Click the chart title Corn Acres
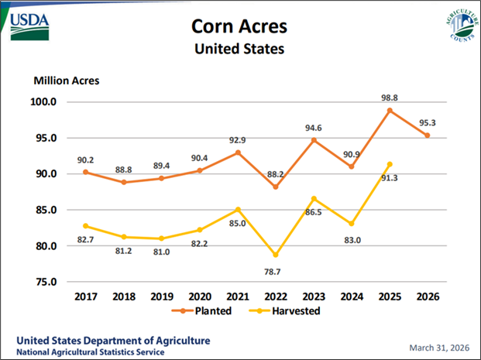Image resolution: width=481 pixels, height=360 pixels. click(239, 26)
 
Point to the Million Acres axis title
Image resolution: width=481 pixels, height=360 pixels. click(66, 80)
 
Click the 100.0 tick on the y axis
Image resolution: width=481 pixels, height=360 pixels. click(44, 101)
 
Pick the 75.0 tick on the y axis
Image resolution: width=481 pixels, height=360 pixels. click(44, 282)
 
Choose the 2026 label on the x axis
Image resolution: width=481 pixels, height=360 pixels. click(428, 296)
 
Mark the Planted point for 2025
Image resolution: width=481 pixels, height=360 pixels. click(389, 111)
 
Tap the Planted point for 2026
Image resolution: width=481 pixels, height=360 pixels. click(428, 135)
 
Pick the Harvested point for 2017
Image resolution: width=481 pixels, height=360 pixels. click(85, 226)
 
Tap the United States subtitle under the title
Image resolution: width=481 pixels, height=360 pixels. click(239, 50)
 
